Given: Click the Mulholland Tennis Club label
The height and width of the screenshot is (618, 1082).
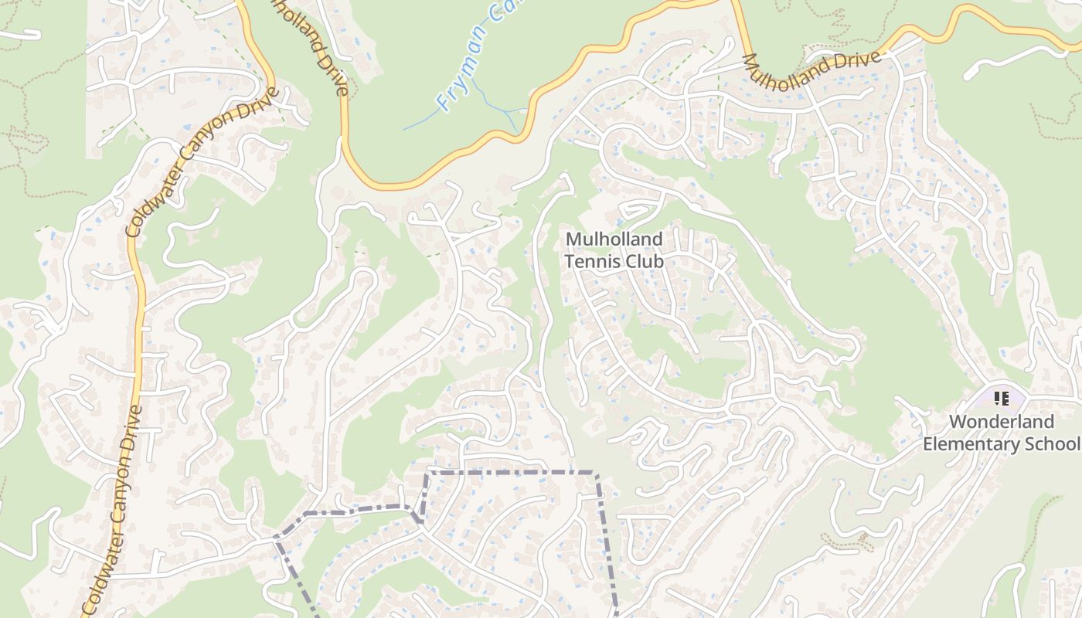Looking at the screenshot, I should pos(614,250).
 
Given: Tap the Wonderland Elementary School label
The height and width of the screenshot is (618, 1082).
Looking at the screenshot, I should pos(1001,433).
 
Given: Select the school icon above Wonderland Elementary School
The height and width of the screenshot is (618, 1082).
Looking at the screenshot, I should pos(1002,399).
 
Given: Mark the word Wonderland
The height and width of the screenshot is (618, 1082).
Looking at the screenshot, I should pos(1001,422).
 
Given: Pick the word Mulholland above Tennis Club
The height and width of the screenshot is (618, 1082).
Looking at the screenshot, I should pos(614,239).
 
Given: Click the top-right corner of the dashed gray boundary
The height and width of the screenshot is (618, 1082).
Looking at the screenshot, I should pos(595,472).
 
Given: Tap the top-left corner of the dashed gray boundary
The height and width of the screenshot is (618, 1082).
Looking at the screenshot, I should pos(430,471).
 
